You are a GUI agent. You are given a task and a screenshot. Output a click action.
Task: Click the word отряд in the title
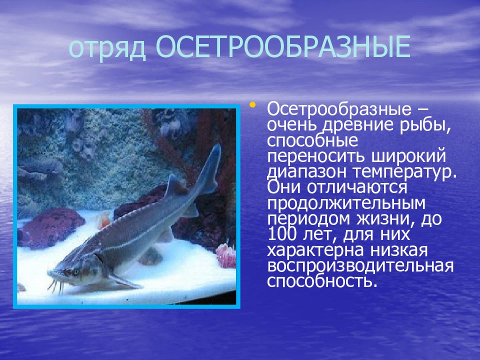tap(107, 48)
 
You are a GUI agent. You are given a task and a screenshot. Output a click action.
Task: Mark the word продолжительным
tap(346, 204)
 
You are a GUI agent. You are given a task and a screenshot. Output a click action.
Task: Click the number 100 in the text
tap(281, 234)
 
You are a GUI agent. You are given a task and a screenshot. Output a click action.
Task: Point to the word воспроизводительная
tap(360, 266)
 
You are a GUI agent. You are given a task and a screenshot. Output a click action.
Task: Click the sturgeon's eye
tap(76, 271)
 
